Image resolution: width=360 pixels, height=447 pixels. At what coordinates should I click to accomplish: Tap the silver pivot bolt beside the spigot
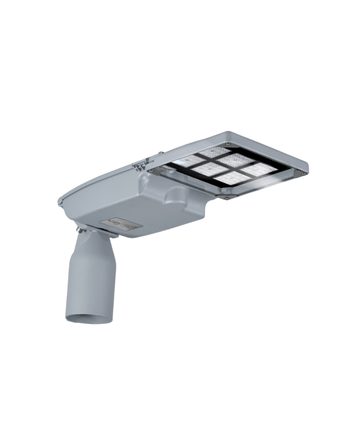pos(80,230)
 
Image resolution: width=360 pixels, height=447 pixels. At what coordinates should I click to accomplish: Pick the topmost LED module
pos(214,151)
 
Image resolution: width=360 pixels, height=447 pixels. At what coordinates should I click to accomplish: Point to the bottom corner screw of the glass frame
pos(226,197)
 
